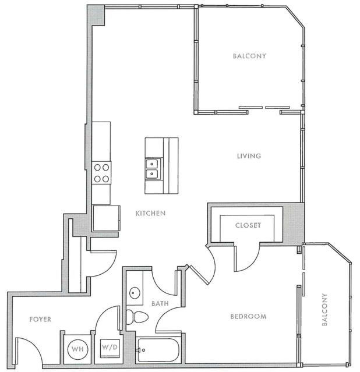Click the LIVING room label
[x=248, y=156]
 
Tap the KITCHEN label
[x=150, y=214]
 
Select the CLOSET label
[x=248, y=225]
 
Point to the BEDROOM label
[x=248, y=317]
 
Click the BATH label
[x=160, y=303]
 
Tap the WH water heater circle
[x=77, y=349]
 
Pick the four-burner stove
[x=101, y=172]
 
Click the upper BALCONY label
[x=249, y=56]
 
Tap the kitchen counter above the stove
[x=101, y=140]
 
